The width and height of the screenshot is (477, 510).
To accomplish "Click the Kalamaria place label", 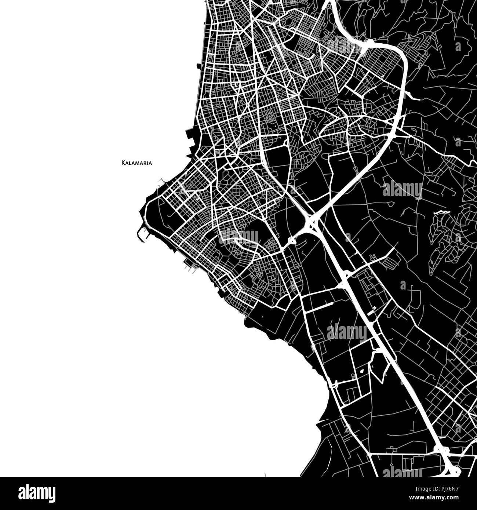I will pyautogui.click(x=136, y=163).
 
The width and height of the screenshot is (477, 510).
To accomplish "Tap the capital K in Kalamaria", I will pyautogui.click(x=123, y=163).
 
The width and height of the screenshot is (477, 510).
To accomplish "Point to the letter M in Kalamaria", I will pyautogui.click(x=138, y=163).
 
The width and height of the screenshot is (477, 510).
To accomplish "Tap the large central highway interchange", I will pyautogui.click(x=311, y=222).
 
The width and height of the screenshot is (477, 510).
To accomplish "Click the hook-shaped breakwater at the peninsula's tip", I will pyautogui.click(x=141, y=235).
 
